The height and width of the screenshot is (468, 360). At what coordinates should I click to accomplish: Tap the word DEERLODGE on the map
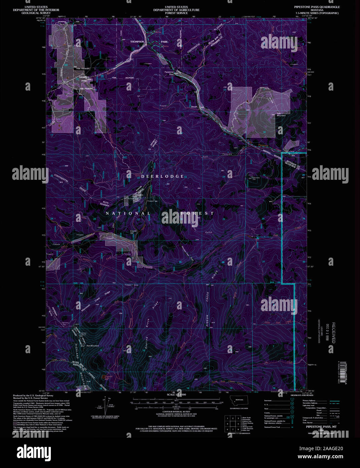162,176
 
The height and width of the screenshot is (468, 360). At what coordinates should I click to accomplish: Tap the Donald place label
194,107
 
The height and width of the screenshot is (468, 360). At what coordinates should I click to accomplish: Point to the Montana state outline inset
239,400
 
